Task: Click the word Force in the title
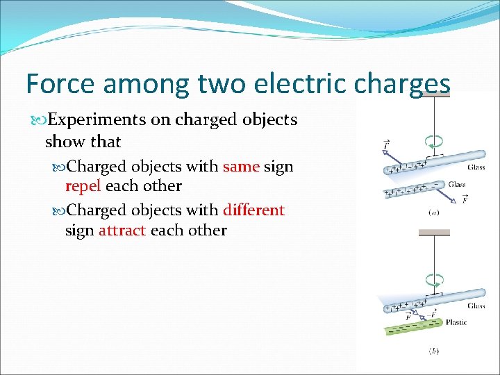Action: point(58,83)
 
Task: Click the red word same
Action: point(240,167)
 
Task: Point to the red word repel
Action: point(84,186)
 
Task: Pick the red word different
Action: point(253,210)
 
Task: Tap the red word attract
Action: point(122,230)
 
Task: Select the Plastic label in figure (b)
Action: point(456,322)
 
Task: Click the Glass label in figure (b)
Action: point(476,306)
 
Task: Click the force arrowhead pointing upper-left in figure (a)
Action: point(383,149)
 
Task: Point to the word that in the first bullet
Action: point(106,142)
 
